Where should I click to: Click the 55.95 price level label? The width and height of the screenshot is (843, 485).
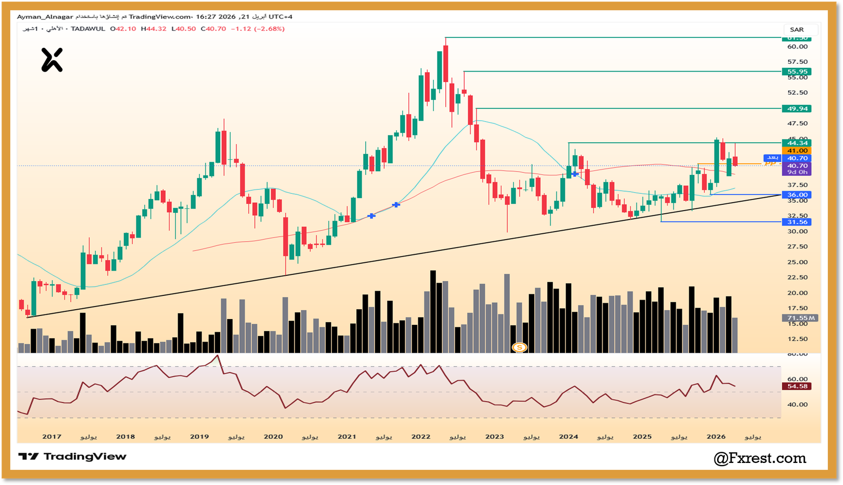pyautogui.click(x=797, y=72)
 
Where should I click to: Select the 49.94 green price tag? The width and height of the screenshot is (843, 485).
pyautogui.click(x=797, y=108)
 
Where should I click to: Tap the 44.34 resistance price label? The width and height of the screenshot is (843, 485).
pyautogui.click(x=797, y=143)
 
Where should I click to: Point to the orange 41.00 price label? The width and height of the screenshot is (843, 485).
pyautogui.click(x=797, y=151)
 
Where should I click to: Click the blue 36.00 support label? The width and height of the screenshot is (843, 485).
pyautogui.click(x=797, y=195)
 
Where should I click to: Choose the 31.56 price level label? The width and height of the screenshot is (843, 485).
pyautogui.click(x=797, y=222)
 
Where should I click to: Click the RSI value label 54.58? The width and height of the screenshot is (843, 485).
pyautogui.click(x=797, y=387)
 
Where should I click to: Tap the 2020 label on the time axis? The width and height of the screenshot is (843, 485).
pyautogui.click(x=273, y=437)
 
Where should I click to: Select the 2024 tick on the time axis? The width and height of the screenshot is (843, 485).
pyautogui.click(x=568, y=437)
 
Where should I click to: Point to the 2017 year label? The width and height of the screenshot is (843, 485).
pyautogui.click(x=52, y=437)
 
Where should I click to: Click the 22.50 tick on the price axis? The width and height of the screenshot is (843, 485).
pyautogui.click(x=797, y=278)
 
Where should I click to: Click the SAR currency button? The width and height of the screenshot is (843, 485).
pyautogui.click(x=797, y=29)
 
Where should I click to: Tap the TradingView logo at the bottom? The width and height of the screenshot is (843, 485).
pyautogui.click(x=73, y=457)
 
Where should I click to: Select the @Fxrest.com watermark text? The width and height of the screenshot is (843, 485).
pyautogui.click(x=760, y=458)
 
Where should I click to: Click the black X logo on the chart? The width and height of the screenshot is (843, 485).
pyautogui.click(x=52, y=60)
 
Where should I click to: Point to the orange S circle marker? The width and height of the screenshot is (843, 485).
pyautogui.click(x=519, y=347)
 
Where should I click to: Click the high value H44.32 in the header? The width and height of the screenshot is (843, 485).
pyautogui.click(x=153, y=29)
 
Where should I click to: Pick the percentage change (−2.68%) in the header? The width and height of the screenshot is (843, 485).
pyautogui.click(x=269, y=29)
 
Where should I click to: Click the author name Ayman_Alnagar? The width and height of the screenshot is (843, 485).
pyautogui.click(x=45, y=17)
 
